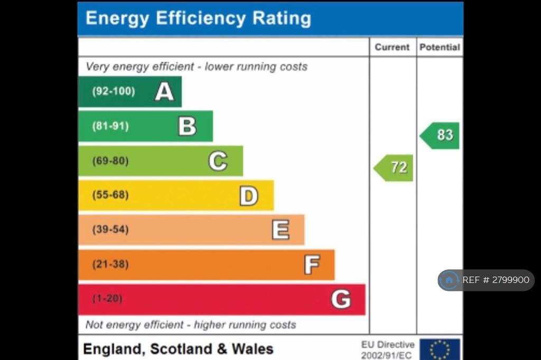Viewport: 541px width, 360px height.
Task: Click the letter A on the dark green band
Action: [x=164, y=91]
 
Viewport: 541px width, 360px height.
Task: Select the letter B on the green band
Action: [x=187, y=126]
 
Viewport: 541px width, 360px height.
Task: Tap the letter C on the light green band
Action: [x=218, y=161]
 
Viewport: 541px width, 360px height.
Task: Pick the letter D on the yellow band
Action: [x=249, y=196]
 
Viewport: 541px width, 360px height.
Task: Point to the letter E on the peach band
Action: [x=281, y=230]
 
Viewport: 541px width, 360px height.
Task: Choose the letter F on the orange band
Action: [x=312, y=264]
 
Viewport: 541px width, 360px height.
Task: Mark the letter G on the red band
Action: [x=341, y=299]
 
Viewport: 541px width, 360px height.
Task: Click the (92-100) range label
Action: [x=113, y=91]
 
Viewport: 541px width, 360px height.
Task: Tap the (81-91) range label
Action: [x=110, y=126]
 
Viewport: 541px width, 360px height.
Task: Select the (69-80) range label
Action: [x=110, y=161]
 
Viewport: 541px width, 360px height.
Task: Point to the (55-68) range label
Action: [x=110, y=195]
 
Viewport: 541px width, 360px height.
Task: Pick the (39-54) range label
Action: [x=110, y=230]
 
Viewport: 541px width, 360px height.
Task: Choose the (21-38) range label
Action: [x=110, y=264]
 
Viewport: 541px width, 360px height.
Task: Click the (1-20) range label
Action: [x=107, y=299]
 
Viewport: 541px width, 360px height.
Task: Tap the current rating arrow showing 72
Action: [x=394, y=168]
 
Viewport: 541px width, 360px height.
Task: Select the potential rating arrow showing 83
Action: [x=440, y=136]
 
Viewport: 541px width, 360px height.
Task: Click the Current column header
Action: [x=392, y=47]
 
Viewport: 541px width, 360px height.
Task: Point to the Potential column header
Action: [x=440, y=47]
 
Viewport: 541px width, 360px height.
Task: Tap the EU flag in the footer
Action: [x=440, y=349]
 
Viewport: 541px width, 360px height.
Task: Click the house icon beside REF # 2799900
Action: [x=449, y=280]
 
